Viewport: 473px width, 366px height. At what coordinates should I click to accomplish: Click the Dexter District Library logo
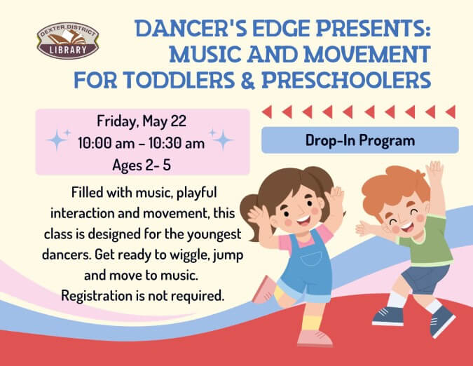coord(68,41)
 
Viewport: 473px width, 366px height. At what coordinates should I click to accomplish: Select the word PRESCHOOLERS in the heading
coord(346,80)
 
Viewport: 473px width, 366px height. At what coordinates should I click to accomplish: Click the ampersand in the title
coord(248,80)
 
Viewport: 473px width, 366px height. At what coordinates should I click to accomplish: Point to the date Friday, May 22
coord(142,121)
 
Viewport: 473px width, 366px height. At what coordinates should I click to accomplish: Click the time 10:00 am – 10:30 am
coord(141,143)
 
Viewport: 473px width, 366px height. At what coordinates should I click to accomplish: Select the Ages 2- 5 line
coord(142,165)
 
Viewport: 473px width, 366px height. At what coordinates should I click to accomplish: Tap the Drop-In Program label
coord(360,140)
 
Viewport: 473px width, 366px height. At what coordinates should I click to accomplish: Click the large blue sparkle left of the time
coord(57,140)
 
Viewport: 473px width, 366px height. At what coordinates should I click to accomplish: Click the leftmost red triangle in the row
coord(267,112)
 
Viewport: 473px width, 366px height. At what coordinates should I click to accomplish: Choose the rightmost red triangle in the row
coord(451,112)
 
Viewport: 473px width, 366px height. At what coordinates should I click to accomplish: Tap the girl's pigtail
coord(251,215)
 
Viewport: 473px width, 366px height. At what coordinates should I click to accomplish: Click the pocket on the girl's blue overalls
coord(310,259)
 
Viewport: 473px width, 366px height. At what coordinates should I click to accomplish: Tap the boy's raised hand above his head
coord(436,170)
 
